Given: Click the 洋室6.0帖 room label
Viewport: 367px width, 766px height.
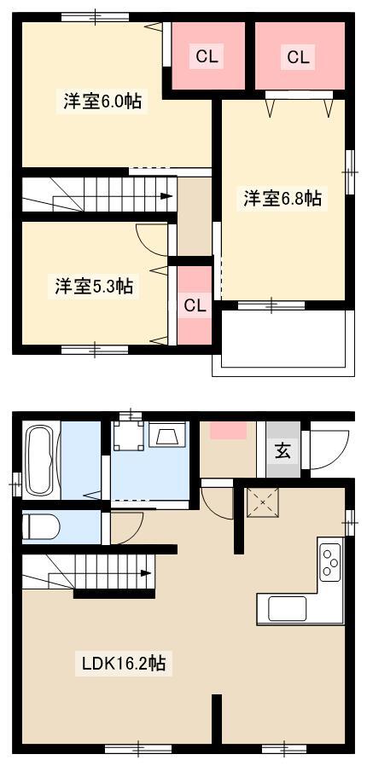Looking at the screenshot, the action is tap(102, 102).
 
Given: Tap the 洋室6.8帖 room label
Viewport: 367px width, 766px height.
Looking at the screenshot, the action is tap(282, 199).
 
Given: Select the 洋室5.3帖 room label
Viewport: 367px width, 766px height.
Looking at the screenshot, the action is tap(94, 285).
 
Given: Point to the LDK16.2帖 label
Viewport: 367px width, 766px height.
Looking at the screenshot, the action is tap(123, 663).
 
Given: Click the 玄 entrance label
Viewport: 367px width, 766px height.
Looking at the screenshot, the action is tap(283, 451).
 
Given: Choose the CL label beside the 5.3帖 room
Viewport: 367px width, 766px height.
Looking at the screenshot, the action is tap(195, 306).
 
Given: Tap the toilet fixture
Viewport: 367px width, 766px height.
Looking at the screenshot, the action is tap(42, 526).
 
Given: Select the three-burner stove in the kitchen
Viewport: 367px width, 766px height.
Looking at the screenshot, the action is tap(329, 563).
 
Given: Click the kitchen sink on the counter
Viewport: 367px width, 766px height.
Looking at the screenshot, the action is tap(287, 608).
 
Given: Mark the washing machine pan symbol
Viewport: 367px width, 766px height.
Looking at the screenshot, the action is tap(128, 436).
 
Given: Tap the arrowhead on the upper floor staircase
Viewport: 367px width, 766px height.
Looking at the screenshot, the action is tap(166, 196).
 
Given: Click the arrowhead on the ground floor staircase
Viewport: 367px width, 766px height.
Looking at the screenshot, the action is tap(146, 572).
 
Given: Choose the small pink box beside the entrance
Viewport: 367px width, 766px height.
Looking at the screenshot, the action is tap(228, 431).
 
